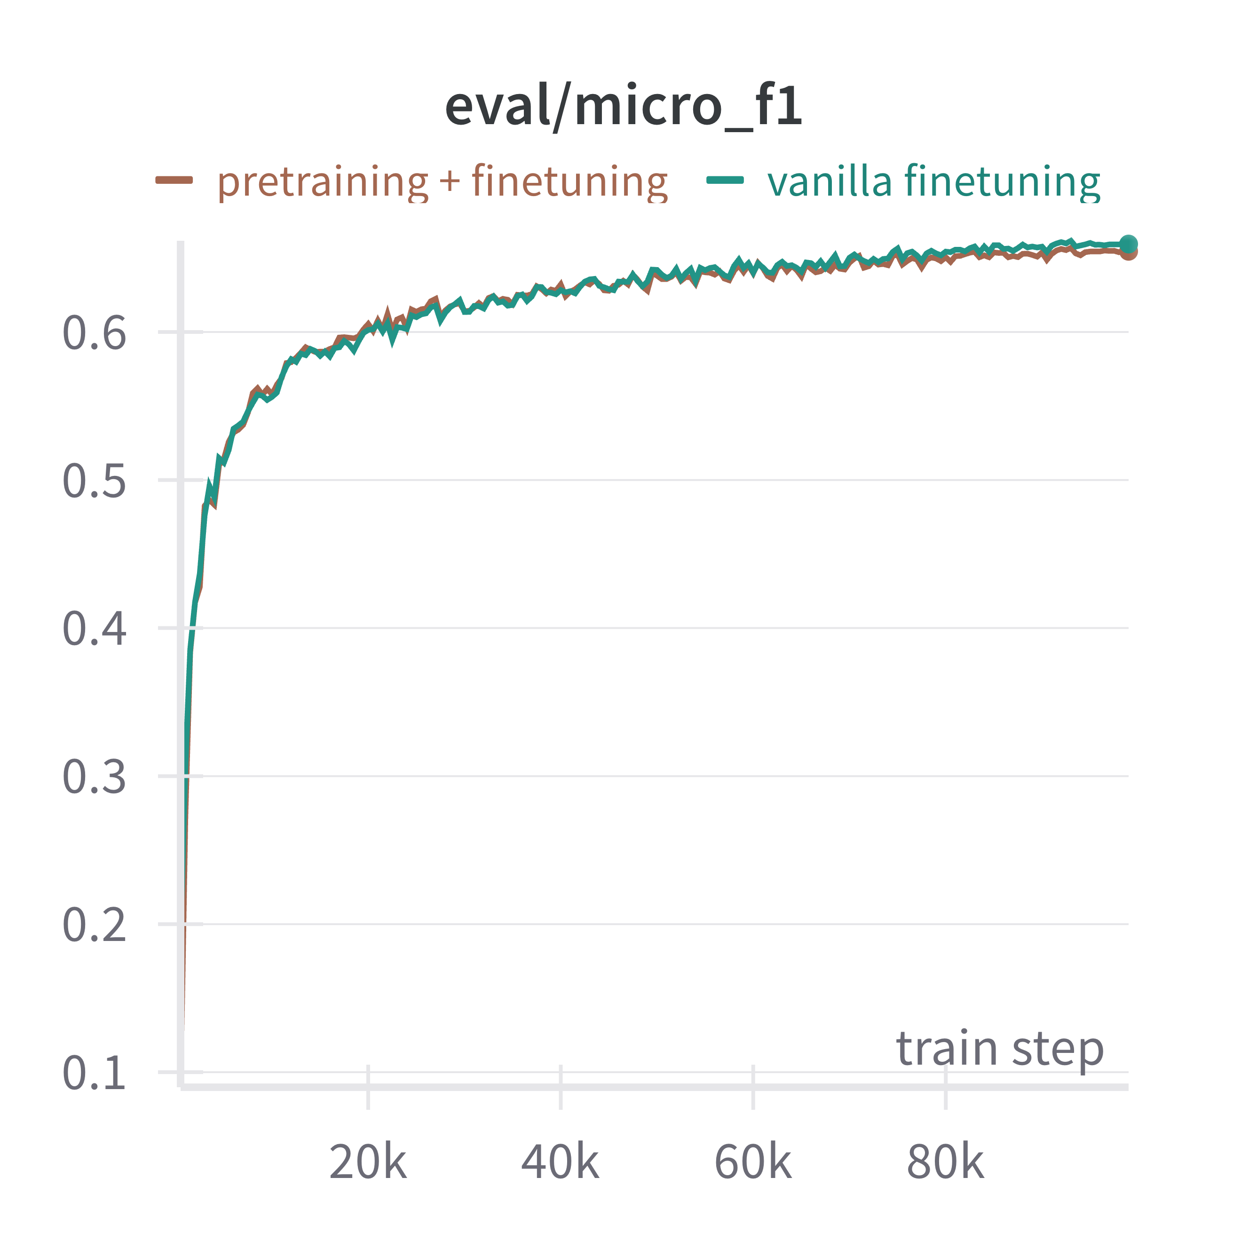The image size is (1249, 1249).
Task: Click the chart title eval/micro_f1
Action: (x=624, y=107)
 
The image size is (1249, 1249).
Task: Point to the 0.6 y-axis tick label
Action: (x=95, y=333)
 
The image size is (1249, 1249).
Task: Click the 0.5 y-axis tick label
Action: (x=95, y=482)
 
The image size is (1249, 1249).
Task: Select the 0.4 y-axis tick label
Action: (x=95, y=629)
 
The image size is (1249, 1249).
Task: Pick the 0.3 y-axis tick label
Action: (x=95, y=777)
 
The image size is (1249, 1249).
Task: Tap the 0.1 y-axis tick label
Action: (x=95, y=1074)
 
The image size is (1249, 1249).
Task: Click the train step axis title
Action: (x=999, y=1049)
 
